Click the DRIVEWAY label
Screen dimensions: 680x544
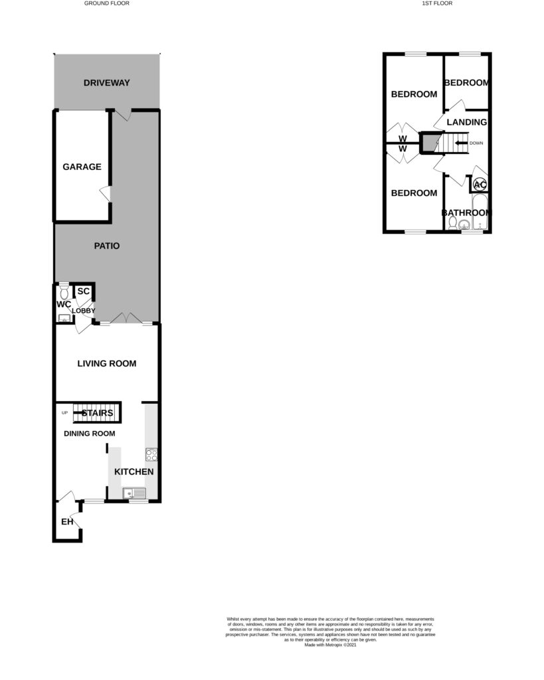pyautogui.click(x=106, y=83)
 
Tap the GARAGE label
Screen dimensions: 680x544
pyautogui.click(x=82, y=167)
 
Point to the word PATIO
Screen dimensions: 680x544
pyautogui.click(x=106, y=246)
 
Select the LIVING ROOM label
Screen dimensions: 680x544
pyautogui.click(x=106, y=363)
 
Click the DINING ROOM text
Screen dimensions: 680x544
pyautogui.click(x=89, y=434)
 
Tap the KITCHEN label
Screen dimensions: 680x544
pyautogui.click(x=134, y=472)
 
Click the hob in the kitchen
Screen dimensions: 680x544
pyautogui.click(x=151, y=456)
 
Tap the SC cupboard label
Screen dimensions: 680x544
pyautogui.click(x=84, y=291)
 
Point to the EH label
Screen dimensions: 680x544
pyautogui.click(x=66, y=522)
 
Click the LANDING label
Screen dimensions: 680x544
pyautogui.click(x=467, y=122)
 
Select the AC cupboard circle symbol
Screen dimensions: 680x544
pyautogui.click(x=480, y=185)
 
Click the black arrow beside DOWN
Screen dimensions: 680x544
pyautogui.click(x=460, y=143)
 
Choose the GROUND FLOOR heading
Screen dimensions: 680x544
pyautogui.click(x=106, y=3)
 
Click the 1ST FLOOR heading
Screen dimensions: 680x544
pyautogui.click(x=437, y=3)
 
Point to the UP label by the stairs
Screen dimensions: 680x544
pyautogui.click(x=64, y=413)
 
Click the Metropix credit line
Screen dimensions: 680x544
pyautogui.click(x=330, y=645)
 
